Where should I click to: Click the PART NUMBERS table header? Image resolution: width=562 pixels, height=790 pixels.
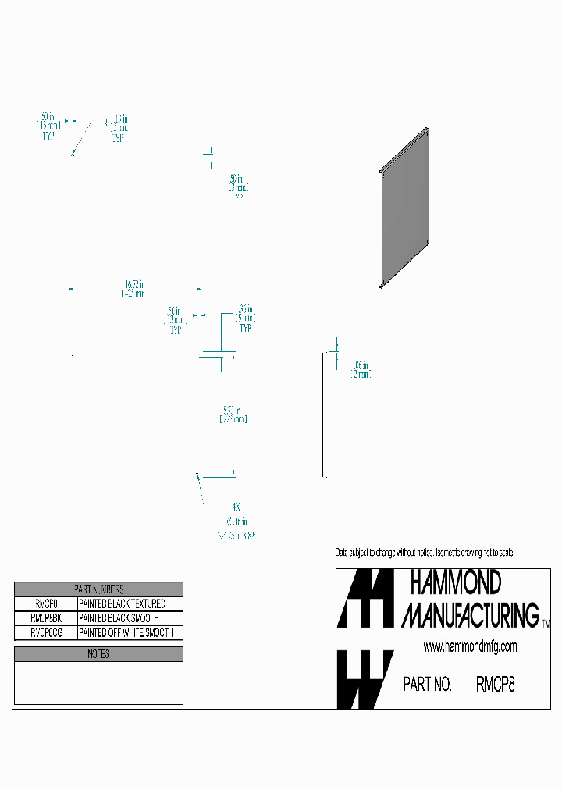tap(98, 589)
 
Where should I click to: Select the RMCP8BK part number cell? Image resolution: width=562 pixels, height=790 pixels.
tap(46, 617)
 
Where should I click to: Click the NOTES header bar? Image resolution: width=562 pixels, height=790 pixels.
tap(98, 654)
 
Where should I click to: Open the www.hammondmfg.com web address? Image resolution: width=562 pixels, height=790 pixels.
tap(470, 647)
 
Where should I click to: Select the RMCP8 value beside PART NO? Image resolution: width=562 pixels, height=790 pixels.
tap(495, 685)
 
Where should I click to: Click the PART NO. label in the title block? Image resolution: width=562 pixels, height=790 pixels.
tap(427, 685)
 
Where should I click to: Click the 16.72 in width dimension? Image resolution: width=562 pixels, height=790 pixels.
tap(135, 289)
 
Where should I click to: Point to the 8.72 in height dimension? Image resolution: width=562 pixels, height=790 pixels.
tap(233, 414)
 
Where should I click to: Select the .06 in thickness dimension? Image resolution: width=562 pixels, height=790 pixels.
tap(361, 369)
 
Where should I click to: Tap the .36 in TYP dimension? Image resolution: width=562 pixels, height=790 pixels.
tap(245, 318)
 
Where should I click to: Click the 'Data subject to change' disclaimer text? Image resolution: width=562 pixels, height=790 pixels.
tap(425, 553)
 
